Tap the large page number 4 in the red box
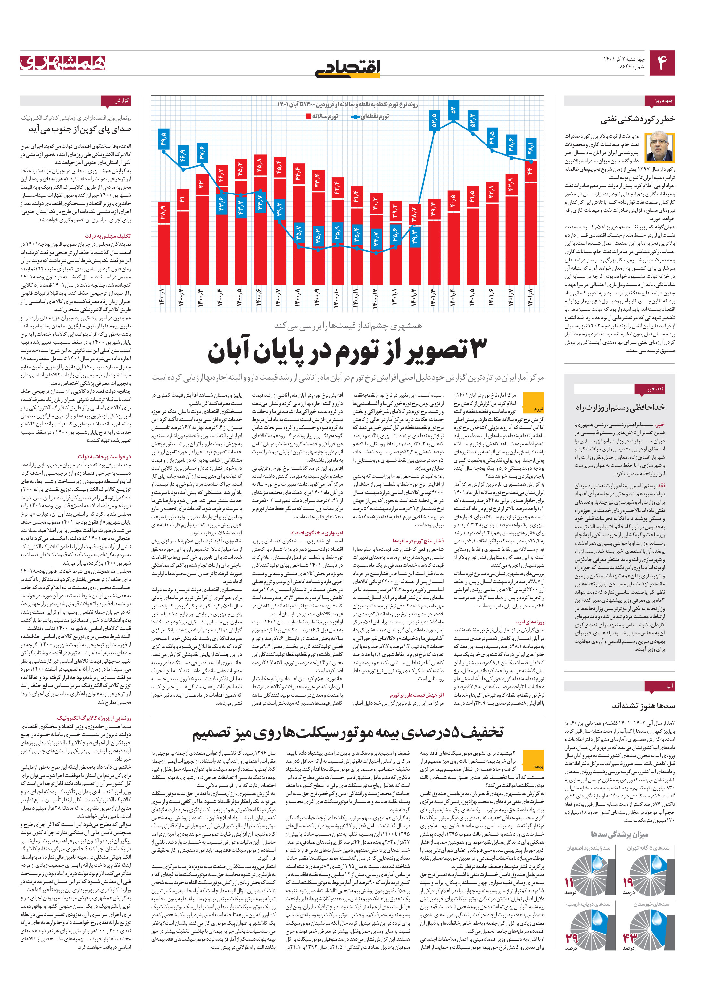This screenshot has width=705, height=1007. point(661,63)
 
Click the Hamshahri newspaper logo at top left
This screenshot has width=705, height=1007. point(63,63)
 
